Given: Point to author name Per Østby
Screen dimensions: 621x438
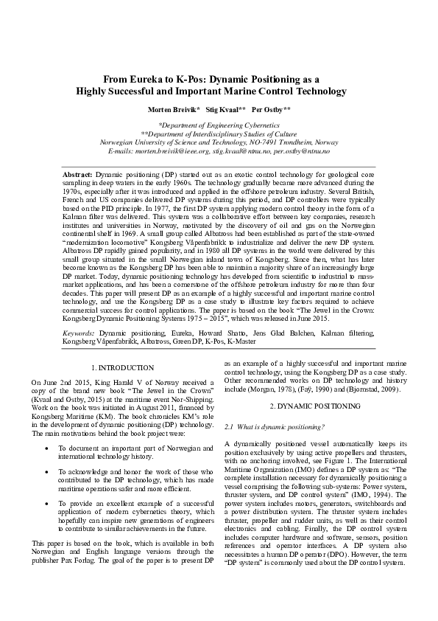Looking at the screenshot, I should click(271, 108).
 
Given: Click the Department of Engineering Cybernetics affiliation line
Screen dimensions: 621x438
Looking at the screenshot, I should click(219, 126).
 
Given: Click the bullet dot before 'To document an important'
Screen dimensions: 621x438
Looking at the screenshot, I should click(46, 447).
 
